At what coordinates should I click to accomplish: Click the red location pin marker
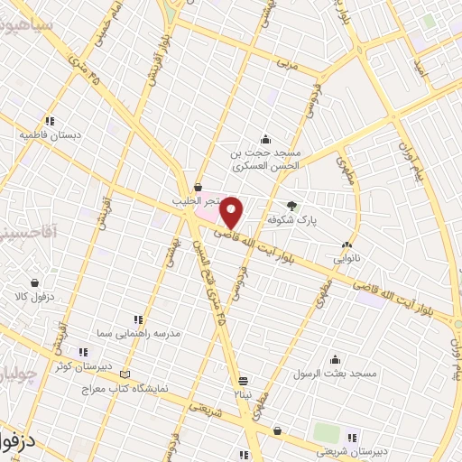coord(232,212)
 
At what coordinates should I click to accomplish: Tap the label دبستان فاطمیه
coord(51,134)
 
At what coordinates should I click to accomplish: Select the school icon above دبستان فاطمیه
coord(51,120)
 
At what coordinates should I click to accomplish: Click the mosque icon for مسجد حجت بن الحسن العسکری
coord(265,139)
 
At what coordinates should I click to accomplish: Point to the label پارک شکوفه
coord(289,219)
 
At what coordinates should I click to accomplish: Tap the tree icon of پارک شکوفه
coord(291,205)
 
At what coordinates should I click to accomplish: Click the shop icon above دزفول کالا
coord(34,282)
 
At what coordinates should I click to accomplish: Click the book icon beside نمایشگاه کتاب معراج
coord(125,374)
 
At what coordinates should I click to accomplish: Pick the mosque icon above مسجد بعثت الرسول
coord(335,359)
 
